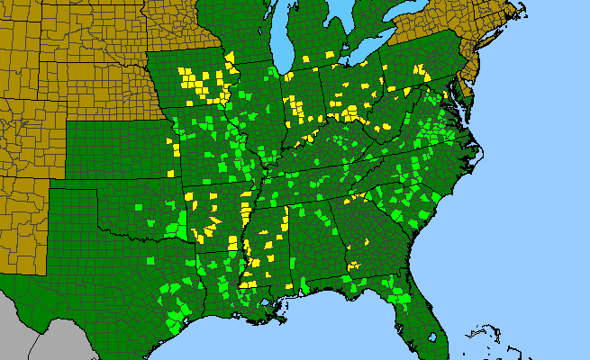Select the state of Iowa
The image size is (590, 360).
point(194,81)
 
